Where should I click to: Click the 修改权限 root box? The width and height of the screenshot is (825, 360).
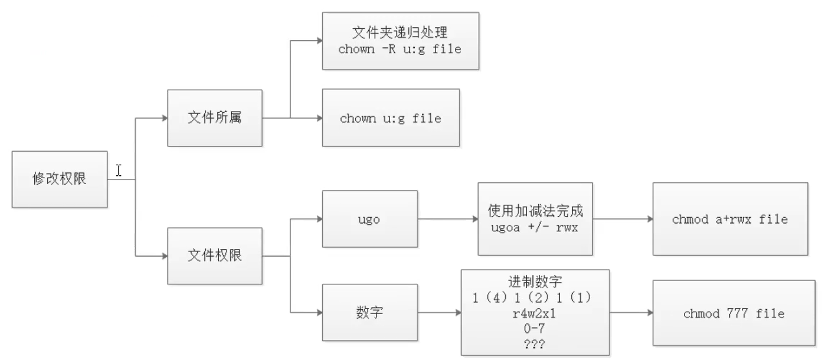(60, 179)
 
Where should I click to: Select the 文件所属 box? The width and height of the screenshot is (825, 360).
(215, 118)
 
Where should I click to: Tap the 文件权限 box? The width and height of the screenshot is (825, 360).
(215, 256)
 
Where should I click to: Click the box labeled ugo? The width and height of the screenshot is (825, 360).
(369, 219)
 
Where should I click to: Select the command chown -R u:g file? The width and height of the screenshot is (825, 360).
(400, 50)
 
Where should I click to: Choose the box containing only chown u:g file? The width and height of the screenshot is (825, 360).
(391, 118)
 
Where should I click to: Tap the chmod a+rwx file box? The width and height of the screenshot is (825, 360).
(729, 220)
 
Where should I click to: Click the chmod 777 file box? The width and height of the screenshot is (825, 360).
(729, 313)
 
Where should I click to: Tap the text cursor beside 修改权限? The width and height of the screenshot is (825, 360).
(119, 171)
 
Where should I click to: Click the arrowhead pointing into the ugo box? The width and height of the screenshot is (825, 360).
(319, 219)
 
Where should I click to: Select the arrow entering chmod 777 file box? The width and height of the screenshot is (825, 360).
(649, 312)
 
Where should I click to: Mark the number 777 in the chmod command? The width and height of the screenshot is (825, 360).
(732, 313)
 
